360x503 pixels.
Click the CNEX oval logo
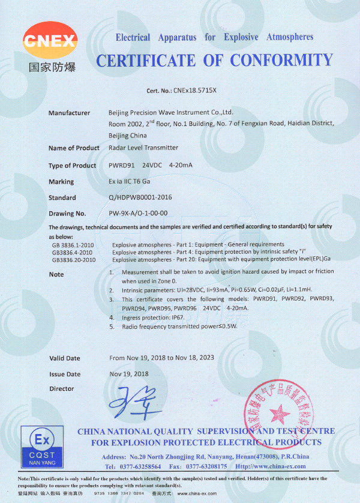(50, 41)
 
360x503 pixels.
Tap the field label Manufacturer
(69, 113)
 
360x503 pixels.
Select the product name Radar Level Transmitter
(143, 148)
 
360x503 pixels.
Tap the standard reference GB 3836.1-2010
(73, 245)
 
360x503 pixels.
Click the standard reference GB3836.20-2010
(74, 260)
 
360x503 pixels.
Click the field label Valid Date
(64, 358)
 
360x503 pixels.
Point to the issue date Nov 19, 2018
(128, 373)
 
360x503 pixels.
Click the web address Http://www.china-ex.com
(271, 466)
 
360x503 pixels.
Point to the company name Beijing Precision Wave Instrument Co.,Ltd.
(171, 112)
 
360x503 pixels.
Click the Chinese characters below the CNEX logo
(50, 67)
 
